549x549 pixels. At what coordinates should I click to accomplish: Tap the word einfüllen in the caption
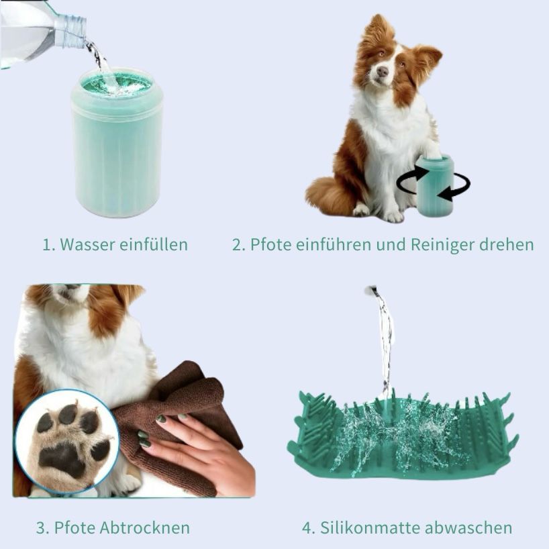(154, 244)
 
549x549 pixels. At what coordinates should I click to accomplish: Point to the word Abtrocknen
(144, 528)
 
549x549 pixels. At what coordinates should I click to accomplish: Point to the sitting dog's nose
(382, 72)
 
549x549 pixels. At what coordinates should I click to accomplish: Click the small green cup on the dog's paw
(435, 185)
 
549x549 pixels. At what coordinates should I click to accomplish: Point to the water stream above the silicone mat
(385, 343)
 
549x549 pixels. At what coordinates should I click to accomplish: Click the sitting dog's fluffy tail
(328, 196)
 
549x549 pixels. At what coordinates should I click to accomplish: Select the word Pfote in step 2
(270, 244)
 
